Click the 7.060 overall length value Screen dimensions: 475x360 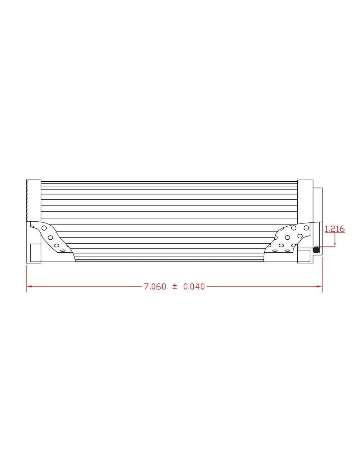pos(155,287)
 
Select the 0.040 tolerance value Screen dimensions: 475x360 pos(194,287)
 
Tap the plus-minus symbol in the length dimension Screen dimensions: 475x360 pos(175,286)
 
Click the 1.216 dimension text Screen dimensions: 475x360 pos(335,229)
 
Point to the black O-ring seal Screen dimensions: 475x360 pos(316,249)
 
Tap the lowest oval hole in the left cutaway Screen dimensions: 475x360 pos(63,250)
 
